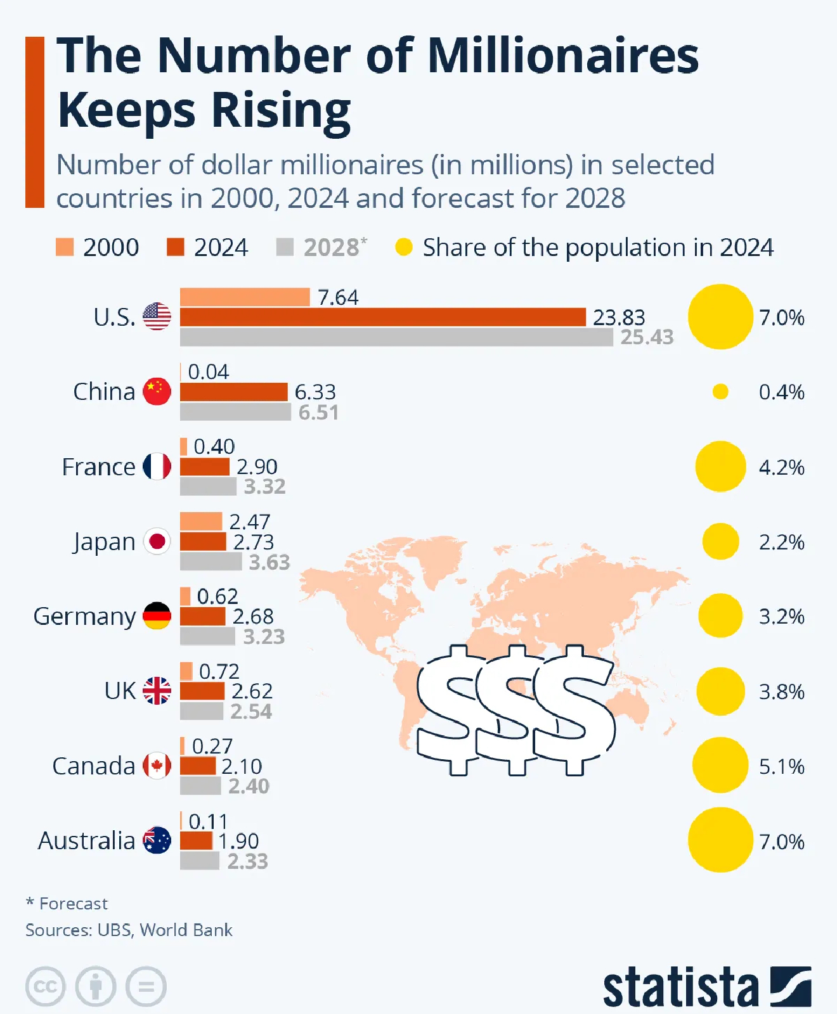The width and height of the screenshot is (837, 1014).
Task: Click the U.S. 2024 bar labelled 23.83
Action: pos(382,317)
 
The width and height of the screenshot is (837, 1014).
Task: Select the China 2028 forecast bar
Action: pos(235,412)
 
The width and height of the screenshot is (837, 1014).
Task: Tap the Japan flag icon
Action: pos(157,542)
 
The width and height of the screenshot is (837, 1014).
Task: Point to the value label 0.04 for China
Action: pos(208,372)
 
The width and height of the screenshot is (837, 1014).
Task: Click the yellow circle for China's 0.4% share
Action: pos(720,392)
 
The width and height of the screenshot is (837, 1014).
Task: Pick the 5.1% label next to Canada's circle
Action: pos(781,766)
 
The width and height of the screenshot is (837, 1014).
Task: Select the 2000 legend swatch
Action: pos(65,247)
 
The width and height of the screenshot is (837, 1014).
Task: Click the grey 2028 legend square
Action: pos(285,247)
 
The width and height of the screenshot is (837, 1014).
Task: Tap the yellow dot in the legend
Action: pos(404,247)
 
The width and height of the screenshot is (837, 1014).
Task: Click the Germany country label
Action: pos(84,616)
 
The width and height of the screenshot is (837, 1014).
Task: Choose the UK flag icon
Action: pos(157,691)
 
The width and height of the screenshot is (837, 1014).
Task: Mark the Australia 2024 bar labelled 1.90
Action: pos(196,841)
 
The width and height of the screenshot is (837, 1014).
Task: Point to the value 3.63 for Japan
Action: pos(269,562)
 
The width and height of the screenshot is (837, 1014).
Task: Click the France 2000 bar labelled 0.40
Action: pos(184,446)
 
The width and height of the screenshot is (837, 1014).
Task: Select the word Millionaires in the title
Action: pos(562,56)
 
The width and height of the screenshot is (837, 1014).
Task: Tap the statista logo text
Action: pos(680,987)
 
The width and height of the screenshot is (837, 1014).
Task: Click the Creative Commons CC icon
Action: pos(46,987)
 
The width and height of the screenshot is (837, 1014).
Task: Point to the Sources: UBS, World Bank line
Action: pos(129,930)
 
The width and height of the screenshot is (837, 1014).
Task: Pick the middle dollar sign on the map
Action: pos(517,710)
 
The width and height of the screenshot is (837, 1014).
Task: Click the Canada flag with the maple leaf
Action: pos(157,766)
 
